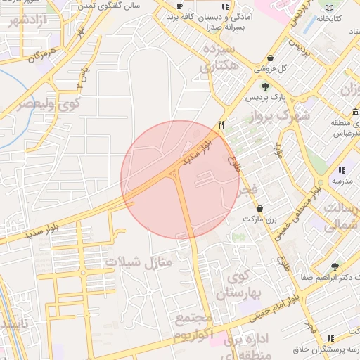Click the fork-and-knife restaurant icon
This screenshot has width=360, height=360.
221,124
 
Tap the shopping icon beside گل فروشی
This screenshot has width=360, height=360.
271,58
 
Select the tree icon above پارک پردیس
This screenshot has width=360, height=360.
265,86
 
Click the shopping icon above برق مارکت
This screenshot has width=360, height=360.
260,208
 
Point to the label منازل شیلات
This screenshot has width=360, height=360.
139,263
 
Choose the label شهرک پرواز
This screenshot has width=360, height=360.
283,115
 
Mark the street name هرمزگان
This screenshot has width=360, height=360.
42,56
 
